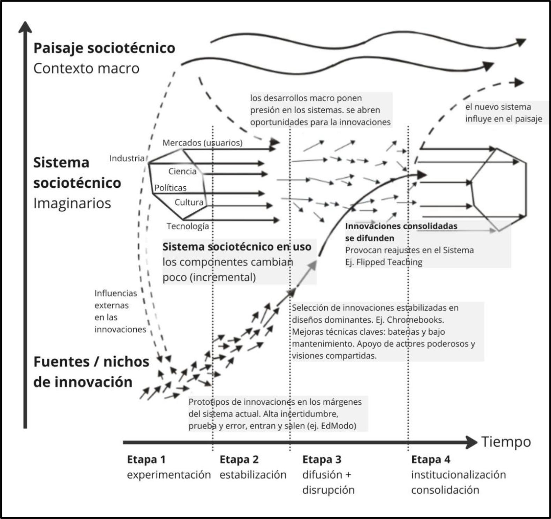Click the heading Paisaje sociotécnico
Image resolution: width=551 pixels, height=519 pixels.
click(104, 48)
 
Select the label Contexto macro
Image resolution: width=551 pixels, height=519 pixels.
click(86, 68)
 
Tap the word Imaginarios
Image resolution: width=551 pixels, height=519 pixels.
click(72, 203)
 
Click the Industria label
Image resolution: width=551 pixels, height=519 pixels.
click(127, 158)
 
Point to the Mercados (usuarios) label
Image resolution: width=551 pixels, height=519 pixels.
click(202, 143)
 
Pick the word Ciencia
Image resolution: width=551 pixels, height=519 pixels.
click(182, 171)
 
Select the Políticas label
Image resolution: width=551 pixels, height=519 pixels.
click(171, 188)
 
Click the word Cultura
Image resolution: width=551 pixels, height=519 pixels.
click(189, 202)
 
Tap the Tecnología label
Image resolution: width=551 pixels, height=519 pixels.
click(188, 226)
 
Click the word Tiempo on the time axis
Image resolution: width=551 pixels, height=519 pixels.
click(506, 442)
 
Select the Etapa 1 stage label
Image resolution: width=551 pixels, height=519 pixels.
click(146, 459)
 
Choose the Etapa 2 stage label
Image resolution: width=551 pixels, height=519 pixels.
click(239, 459)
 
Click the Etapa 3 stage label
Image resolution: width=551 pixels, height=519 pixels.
click(322, 459)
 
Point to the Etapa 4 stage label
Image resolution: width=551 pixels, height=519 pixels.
click(431, 459)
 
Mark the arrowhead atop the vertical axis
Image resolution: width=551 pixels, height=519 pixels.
click(25, 27)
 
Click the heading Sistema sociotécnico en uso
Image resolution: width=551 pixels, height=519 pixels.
click(237, 247)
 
